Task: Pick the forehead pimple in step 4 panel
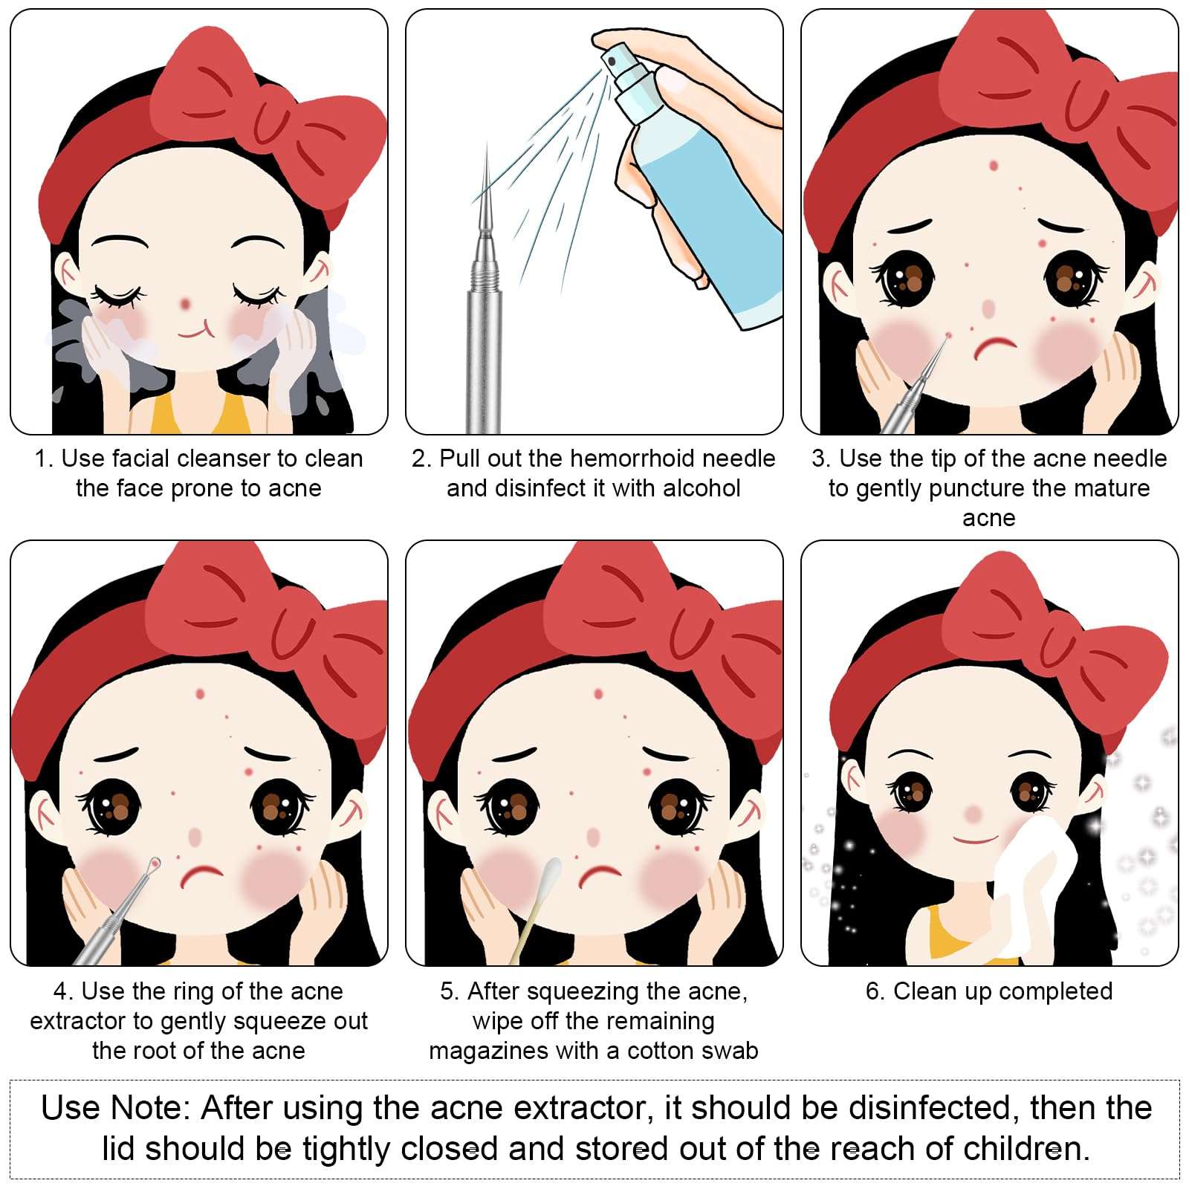200,694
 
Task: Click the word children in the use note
1023,1149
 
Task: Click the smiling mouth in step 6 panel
975,840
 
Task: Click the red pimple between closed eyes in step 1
186,303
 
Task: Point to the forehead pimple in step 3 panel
994,165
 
